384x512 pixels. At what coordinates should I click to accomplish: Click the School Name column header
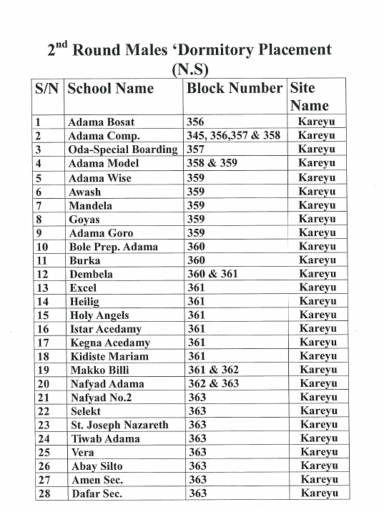coord(110,88)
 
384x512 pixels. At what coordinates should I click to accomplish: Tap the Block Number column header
coord(234,88)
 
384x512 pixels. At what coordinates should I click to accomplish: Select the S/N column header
coord(47,89)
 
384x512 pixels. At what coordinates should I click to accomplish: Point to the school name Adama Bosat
coord(101,122)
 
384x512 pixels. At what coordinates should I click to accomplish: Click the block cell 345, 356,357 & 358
coord(233,135)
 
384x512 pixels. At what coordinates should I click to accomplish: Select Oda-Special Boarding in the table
coord(122,149)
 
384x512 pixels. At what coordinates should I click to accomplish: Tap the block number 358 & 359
coord(211,163)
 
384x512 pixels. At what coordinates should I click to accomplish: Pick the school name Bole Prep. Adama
coord(113,247)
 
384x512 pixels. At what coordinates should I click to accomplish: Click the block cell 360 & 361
coord(212,274)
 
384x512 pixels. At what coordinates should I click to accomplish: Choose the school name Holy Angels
coord(99,315)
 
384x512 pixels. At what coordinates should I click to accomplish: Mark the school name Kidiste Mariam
coord(109,356)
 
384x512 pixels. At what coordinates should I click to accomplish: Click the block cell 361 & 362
coord(213,370)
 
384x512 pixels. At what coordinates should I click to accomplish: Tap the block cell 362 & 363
coord(213,383)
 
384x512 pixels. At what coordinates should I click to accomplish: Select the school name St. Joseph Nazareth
coord(119,425)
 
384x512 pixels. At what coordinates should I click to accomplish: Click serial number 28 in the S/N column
coord(43,493)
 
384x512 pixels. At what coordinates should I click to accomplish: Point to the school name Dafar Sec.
coord(97,493)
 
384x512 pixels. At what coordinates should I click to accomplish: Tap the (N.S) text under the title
coord(190,68)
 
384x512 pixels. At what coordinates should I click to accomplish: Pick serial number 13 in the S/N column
coord(42,288)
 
